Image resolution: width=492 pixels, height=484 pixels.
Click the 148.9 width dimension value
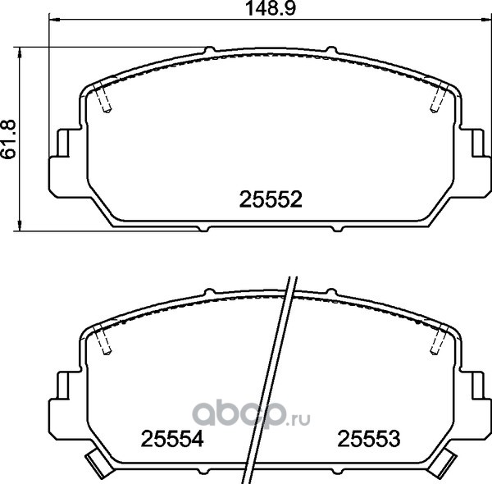(271, 8)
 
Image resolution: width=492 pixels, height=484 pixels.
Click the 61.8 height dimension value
(9, 139)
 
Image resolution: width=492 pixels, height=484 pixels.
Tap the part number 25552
(271, 199)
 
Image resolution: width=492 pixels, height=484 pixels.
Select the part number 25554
(172, 439)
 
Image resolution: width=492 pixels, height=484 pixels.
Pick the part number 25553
(369, 439)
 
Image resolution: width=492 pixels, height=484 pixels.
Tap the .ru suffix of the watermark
(298, 418)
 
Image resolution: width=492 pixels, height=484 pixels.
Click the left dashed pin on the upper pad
(103, 98)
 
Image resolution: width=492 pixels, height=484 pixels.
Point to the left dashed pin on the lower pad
(103, 340)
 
